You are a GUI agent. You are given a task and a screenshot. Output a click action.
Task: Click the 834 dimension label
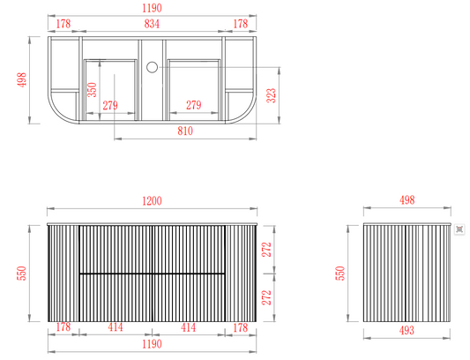pyautogui.click(x=152, y=24)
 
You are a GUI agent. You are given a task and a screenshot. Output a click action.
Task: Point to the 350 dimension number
pyautogui.click(x=92, y=90)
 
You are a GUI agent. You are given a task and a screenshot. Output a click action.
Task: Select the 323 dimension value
pyautogui.click(x=272, y=95)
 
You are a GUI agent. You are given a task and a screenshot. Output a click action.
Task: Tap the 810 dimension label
pyautogui.click(x=185, y=131)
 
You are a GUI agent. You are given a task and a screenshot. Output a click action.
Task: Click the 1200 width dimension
pyautogui.click(x=152, y=200)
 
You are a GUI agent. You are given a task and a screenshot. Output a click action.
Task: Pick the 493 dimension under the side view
pyautogui.click(x=407, y=330)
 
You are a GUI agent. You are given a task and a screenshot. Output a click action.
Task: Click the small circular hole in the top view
pyautogui.click(x=152, y=67)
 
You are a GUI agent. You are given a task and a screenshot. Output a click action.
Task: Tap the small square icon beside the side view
pyautogui.click(x=459, y=229)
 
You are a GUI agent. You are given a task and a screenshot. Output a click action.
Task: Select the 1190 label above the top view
pyautogui.click(x=152, y=8)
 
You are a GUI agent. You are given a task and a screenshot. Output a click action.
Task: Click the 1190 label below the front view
pyautogui.click(x=152, y=344)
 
